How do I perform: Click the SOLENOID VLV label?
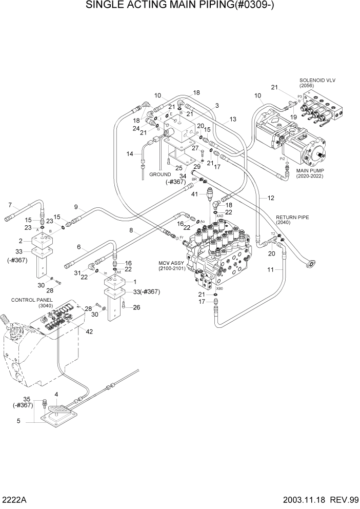(318, 81)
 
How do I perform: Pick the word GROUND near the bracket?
(160, 174)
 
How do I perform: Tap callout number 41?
(195, 194)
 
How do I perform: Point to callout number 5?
(19, 421)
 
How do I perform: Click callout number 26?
(136, 308)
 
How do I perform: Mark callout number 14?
(130, 153)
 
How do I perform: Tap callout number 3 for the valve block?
(217, 105)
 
